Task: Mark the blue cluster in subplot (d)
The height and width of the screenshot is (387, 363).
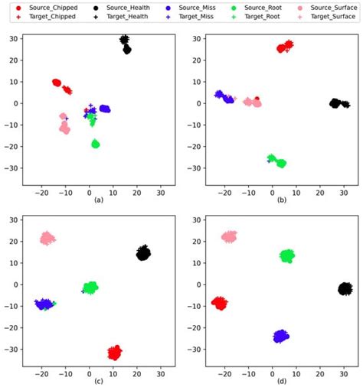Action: point(281,336)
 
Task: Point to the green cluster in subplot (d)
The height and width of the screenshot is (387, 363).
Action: point(287,255)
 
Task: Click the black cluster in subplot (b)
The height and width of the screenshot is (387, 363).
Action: point(335,103)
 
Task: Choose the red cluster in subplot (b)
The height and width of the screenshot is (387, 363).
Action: point(284,47)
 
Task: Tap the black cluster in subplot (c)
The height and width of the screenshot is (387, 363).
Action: point(143,253)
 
